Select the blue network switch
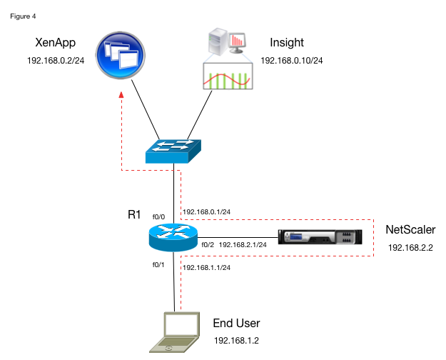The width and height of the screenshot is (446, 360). (x=174, y=149)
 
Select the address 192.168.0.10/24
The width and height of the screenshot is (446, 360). (x=292, y=61)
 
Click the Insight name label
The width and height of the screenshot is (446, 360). (x=286, y=44)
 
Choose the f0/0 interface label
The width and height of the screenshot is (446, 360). (x=158, y=216)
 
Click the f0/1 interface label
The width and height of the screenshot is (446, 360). (x=158, y=264)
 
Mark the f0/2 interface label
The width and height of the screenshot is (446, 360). (x=208, y=245)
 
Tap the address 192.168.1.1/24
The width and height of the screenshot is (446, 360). (x=207, y=267)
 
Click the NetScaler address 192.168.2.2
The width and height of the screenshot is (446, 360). (x=410, y=247)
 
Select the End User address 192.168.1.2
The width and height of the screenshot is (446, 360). (x=236, y=340)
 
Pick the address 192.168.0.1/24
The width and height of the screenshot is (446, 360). (x=207, y=211)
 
